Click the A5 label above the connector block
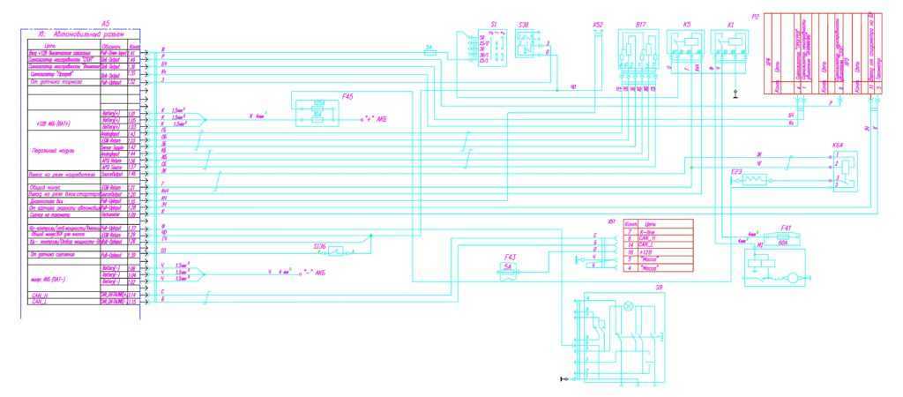click(106, 22)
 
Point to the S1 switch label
click(494, 24)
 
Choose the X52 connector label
click(598, 24)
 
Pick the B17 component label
click(641, 25)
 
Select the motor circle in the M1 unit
click(792, 278)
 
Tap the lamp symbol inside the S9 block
click(629, 307)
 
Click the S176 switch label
click(318, 246)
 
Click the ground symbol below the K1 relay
click(735, 92)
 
